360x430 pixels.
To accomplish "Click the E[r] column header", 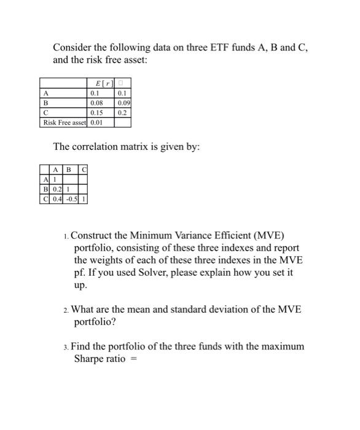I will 101,83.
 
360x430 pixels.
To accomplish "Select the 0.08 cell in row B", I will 96,103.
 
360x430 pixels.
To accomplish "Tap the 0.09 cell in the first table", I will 122,103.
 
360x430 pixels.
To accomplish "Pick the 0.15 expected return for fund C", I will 96,113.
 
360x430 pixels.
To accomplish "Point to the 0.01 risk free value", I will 96,122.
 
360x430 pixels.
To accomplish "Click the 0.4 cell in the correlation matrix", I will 57,198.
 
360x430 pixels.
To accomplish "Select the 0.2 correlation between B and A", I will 57,189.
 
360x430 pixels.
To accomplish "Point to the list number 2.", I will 66,310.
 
